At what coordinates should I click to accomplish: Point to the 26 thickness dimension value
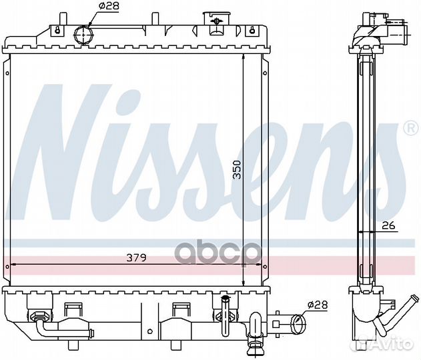tap(389, 226)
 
